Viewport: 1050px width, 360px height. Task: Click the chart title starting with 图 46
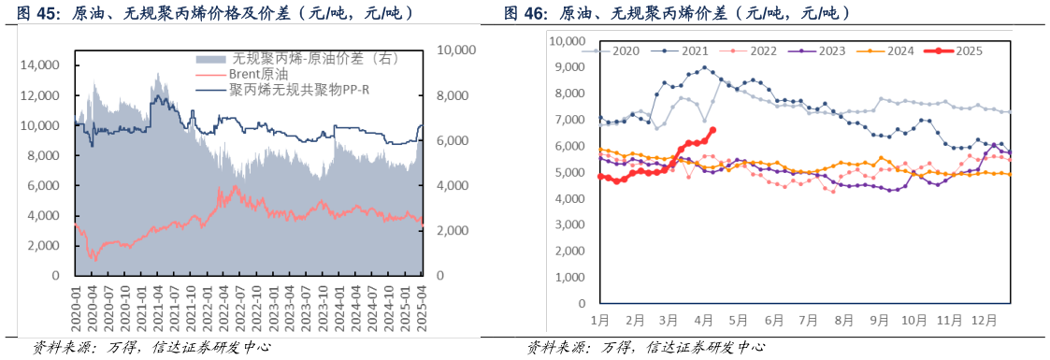point(677,14)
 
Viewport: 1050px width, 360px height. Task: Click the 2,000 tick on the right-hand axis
point(448,231)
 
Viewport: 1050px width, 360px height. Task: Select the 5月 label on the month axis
point(739,320)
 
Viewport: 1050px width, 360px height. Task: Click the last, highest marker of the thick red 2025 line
point(712,130)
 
